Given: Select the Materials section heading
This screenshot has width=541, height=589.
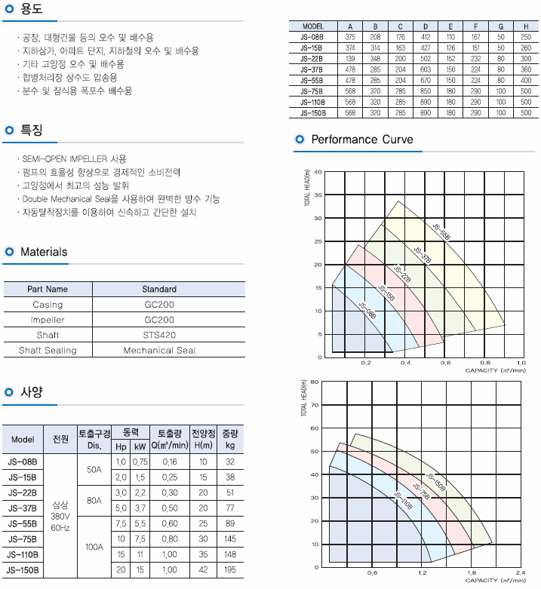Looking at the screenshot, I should coord(44,252).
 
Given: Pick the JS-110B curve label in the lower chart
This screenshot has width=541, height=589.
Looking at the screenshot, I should coord(403,503).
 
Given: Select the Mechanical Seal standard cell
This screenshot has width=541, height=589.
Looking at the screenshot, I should coord(159,350).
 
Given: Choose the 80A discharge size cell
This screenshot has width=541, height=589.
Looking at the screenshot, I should coord(94,499).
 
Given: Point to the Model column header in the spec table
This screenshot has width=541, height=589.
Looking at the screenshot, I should coord(23,440).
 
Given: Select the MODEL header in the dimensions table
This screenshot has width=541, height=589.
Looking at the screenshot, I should coord(312,26).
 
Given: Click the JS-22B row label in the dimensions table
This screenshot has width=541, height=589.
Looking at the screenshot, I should coord(312,58).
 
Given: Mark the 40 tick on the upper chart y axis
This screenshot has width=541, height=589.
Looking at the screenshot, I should coord(318,172).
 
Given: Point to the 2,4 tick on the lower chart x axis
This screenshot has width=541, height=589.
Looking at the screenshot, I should coord(520,572).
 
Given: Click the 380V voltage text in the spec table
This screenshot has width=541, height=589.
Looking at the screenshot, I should coord(60,517).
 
